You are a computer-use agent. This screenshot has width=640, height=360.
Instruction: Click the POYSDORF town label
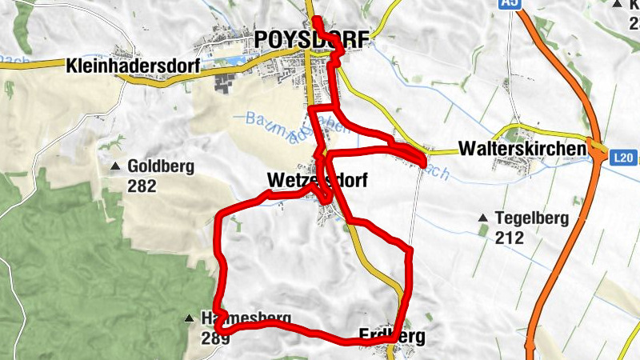pos(313,39)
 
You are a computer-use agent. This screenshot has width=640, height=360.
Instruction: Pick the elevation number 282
pos(142,186)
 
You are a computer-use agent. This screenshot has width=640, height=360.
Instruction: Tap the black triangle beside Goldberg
pos(115,167)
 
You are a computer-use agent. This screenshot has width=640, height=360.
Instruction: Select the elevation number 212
pos(509,237)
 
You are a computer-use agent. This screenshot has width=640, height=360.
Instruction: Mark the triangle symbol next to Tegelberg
pos(482,218)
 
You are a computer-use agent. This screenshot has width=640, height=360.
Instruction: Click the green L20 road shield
pos(625,159)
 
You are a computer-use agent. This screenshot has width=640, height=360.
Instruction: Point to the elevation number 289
pos(215,338)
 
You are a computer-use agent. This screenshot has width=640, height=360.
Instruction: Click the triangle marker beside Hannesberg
pos(190,318)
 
